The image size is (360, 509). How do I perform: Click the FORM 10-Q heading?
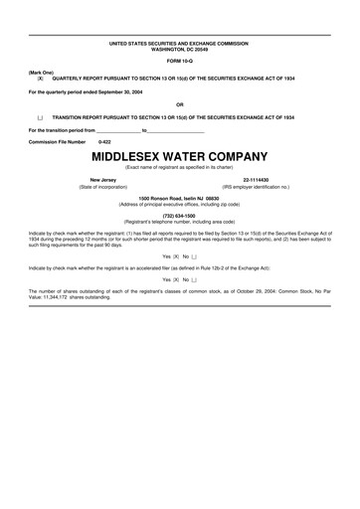[x=180, y=62]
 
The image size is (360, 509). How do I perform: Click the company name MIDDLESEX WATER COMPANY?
[x=180, y=156]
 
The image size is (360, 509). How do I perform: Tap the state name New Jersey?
[x=103, y=179]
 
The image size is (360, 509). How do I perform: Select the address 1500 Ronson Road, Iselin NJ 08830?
[x=180, y=197]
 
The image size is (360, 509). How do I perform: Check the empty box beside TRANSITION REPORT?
[x=40, y=117]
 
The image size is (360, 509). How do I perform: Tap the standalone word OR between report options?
[x=180, y=104]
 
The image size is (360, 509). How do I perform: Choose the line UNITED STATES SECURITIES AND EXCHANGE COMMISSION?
[x=180, y=44]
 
